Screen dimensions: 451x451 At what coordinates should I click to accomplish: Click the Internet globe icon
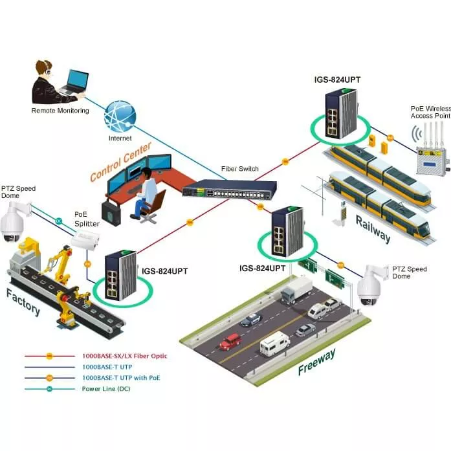click(120, 116)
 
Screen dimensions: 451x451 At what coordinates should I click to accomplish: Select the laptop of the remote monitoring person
click(75, 82)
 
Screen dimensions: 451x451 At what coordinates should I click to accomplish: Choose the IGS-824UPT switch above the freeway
click(286, 230)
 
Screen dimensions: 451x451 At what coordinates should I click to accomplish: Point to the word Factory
click(23, 302)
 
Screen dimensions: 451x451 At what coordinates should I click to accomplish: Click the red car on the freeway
click(230, 341)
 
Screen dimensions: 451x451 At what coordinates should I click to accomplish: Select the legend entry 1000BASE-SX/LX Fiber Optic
click(122, 356)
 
